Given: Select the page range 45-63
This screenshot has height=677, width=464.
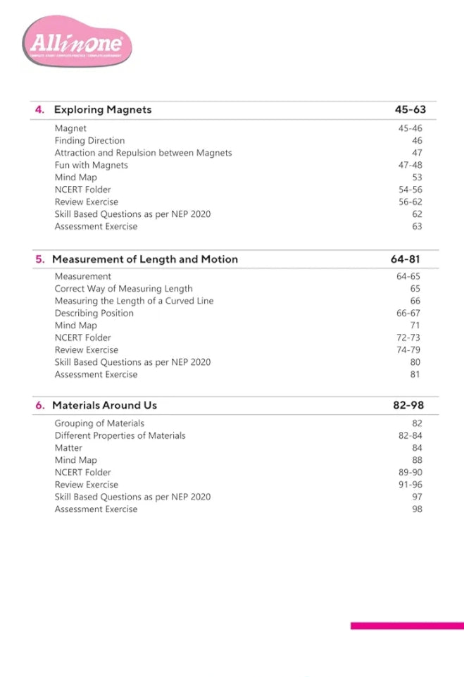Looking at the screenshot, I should (x=410, y=109).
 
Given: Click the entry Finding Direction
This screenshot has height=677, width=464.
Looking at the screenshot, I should (x=89, y=141).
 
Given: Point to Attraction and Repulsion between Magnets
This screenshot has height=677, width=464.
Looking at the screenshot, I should (x=143, y=153).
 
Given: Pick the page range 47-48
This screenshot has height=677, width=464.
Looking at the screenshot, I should (x=410, y=165).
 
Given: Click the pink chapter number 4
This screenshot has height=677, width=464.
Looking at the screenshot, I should (x=40, y=109).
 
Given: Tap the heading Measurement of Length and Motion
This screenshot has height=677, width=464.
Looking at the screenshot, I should (x=144, y=259).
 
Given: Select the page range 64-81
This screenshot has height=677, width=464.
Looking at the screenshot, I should (x=406, y=259).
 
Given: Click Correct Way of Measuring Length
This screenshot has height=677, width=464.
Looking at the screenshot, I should (x=123, y=289).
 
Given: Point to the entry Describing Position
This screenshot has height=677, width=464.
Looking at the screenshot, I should (x=94, y=313).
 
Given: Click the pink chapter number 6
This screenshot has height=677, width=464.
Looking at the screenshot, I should (x=40, y=405).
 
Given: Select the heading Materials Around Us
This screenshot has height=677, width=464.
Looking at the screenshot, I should (x=104, y=405).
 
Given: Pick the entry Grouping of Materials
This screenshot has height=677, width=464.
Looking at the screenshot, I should (x=99, y=423).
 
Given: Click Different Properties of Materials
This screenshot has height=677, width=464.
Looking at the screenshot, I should (x=120, y=435).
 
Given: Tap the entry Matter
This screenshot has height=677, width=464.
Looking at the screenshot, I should (x=68, y=447).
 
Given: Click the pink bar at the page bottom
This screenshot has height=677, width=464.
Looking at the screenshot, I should (x=407, y=625).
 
